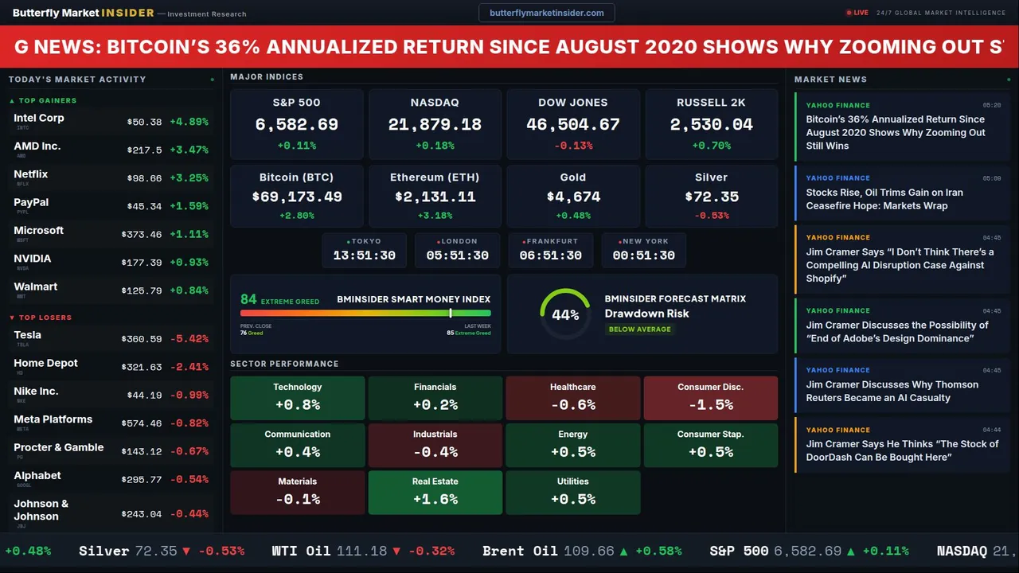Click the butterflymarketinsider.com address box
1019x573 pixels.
546,13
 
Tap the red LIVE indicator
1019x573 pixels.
857,13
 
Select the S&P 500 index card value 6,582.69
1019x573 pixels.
296,125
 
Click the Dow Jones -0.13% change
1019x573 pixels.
573,146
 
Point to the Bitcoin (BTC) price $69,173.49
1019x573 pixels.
296,197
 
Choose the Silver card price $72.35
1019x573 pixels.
711,197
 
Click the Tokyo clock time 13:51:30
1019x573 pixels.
364,255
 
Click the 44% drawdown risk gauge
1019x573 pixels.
565,314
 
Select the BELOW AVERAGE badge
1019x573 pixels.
639,329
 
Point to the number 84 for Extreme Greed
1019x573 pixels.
248,299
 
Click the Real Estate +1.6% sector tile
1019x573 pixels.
435,492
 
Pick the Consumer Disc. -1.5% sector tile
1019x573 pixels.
710,397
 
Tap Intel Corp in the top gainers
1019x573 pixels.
39,118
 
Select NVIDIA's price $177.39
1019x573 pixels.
142,263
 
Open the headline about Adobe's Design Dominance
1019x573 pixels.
897,332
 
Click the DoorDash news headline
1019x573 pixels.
901,450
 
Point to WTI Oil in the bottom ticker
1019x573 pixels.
300,551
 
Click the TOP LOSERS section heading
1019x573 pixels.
45,318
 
